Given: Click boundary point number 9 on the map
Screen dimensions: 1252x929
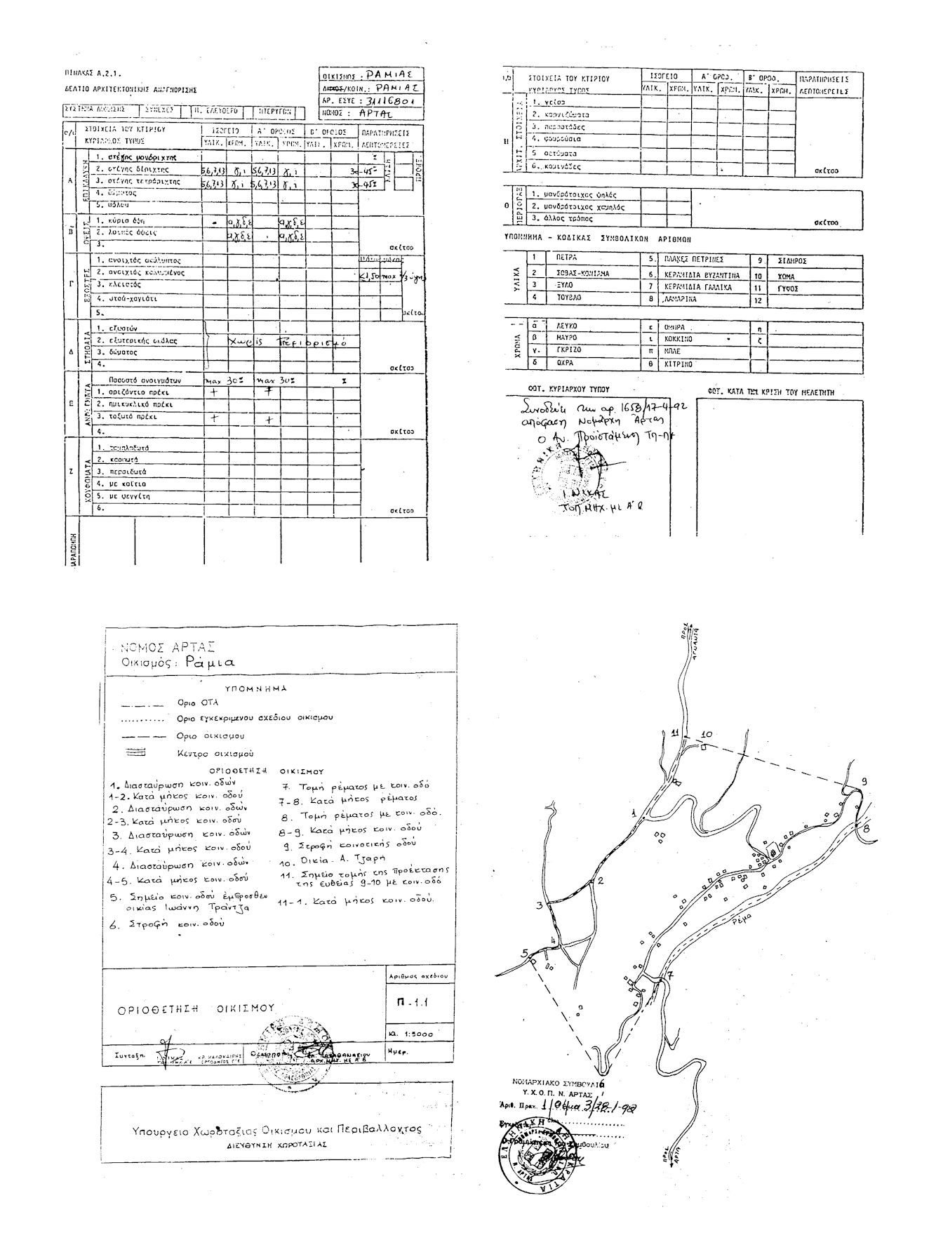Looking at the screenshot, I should click(x=864, y=782).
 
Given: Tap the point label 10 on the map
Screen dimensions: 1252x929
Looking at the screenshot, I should click(x=707, y=735).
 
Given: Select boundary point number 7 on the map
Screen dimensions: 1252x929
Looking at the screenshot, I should click(x=669, y=975).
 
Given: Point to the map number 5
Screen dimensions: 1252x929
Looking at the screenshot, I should click(x=524, y=952).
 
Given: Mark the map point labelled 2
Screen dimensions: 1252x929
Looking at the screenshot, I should click(x=601, y=880).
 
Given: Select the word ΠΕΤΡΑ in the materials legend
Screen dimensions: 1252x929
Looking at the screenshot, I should click(x=566, y=258).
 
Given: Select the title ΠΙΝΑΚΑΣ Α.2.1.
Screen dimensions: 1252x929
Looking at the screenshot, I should click(x=93, y=72).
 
